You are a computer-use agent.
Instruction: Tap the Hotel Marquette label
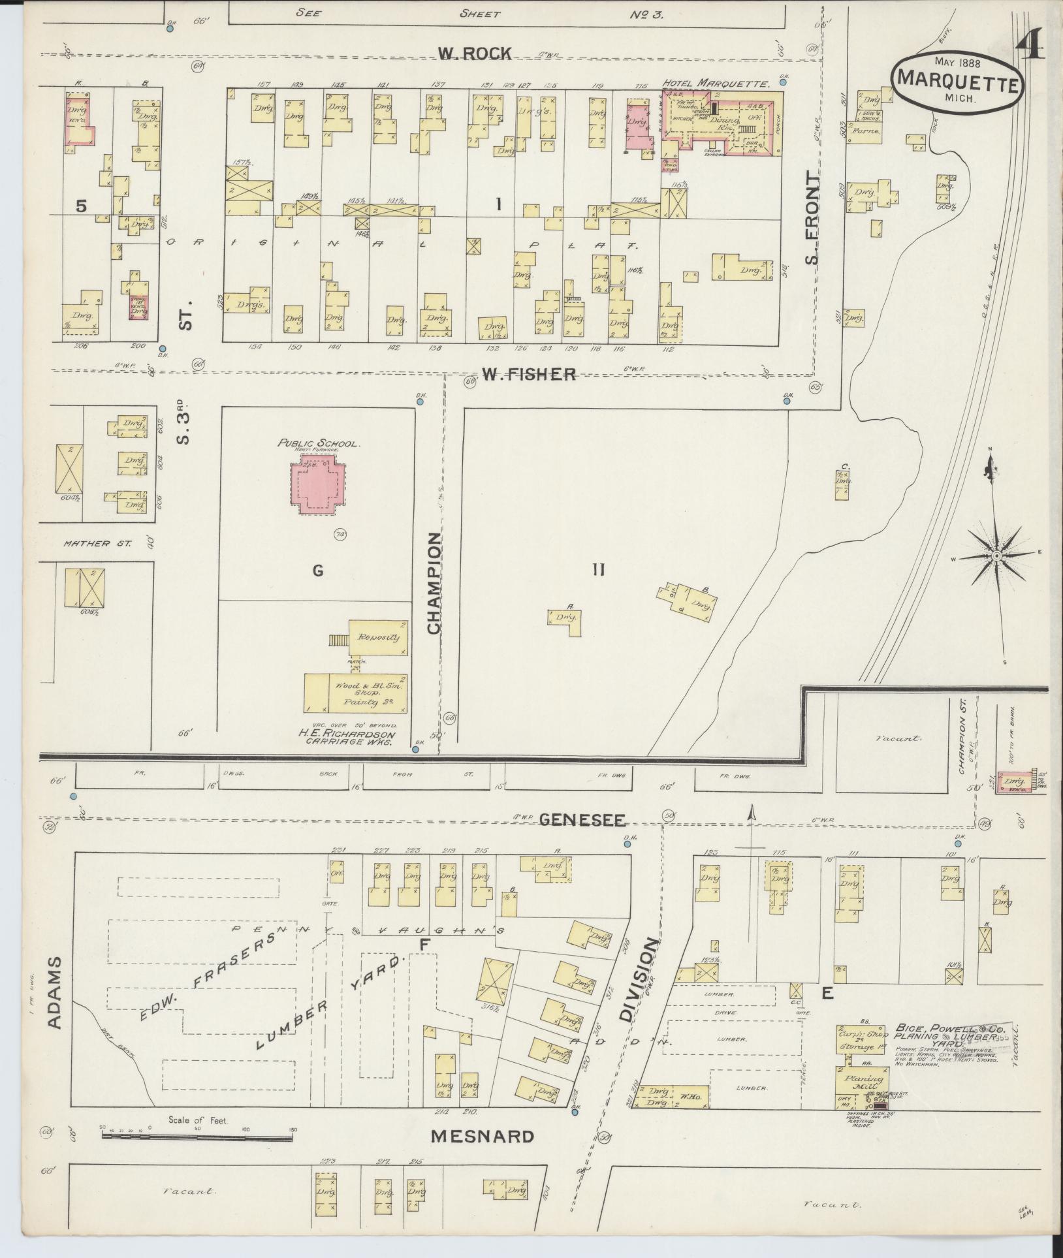point(716,84)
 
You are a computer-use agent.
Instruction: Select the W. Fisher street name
point(529,374)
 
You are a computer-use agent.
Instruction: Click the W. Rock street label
point(474,54)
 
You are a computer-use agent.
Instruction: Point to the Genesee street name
point(582,820)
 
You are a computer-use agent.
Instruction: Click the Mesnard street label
point(482,1137)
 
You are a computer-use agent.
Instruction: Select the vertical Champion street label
point(434,583)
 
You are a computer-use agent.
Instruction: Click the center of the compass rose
point(996,556)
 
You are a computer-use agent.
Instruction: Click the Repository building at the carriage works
point(377,637)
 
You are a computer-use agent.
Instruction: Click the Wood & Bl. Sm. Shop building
point(357,693)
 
